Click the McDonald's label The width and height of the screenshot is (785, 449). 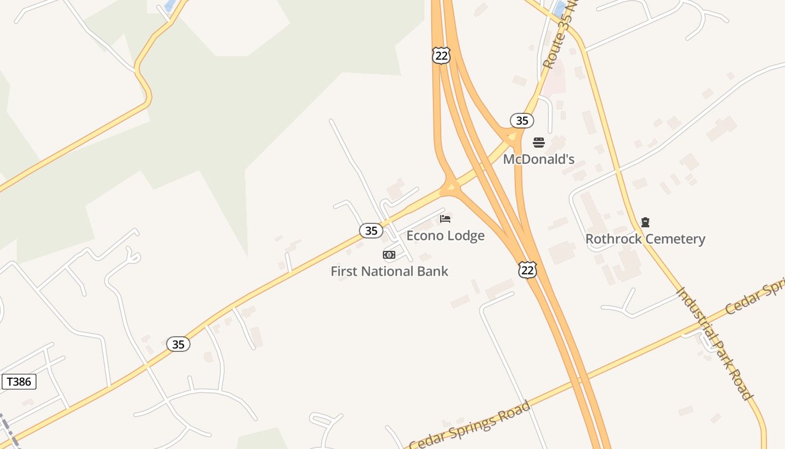538,159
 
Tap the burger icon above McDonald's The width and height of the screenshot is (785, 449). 539,143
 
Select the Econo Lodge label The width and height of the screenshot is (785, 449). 445,236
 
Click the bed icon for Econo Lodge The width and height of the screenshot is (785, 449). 445,219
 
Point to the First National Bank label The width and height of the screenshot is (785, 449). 389,272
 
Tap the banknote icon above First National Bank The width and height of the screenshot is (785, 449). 389,255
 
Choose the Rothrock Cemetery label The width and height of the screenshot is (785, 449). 645,239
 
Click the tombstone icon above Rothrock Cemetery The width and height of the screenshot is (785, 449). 645,222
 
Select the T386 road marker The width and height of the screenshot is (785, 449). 19,382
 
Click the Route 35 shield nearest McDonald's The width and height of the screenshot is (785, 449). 521,121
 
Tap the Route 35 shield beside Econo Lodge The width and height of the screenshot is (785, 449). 371,230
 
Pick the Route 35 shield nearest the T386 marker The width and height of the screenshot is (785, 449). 178,344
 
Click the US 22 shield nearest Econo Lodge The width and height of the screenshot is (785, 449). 527,270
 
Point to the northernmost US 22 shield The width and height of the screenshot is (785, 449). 441,55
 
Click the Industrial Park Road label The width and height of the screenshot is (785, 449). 715,343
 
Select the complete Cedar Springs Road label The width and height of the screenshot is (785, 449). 469,425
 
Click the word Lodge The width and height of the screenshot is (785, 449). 466,236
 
